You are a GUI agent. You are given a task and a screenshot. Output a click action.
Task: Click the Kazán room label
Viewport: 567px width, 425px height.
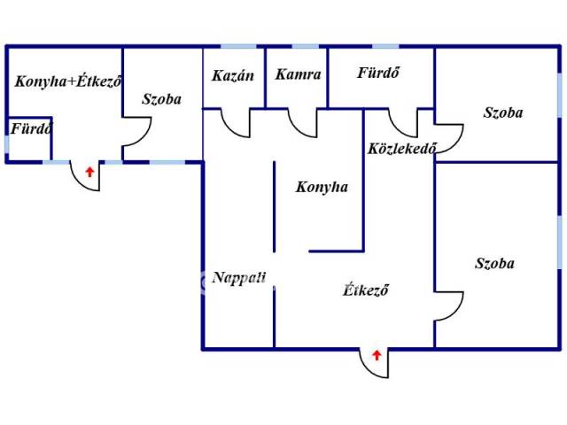[233, 75]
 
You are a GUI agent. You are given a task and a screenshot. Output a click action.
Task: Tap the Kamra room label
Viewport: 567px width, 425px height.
[298, 74]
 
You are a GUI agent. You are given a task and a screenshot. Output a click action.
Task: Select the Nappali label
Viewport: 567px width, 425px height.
[239, 278]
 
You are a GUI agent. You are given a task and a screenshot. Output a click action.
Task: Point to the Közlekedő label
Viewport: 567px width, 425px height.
[401, 148]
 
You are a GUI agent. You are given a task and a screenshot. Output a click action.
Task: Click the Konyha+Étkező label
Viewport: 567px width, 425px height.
[67, 81]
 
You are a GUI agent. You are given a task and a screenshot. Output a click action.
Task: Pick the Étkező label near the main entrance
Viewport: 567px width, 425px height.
[366, 290]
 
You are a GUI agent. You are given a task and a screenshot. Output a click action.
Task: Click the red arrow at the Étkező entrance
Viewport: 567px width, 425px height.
[377, 355]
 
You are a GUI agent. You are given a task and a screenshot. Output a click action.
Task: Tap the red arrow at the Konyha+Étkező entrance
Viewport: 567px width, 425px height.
[89, 172]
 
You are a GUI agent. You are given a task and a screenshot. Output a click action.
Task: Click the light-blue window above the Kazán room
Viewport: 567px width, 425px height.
[238, 46]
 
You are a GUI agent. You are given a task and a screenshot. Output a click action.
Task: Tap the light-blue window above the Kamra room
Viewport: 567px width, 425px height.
[305, 46]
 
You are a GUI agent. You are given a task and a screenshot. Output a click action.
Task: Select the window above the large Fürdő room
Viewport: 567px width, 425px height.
[385, 46]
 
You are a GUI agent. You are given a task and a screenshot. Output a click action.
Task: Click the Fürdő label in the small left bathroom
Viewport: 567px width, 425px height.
[32, 128]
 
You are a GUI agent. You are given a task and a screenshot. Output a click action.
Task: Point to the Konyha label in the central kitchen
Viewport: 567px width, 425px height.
[322, 187]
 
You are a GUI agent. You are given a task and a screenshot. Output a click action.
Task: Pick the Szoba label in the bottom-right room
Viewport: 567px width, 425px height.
[494, 263]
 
